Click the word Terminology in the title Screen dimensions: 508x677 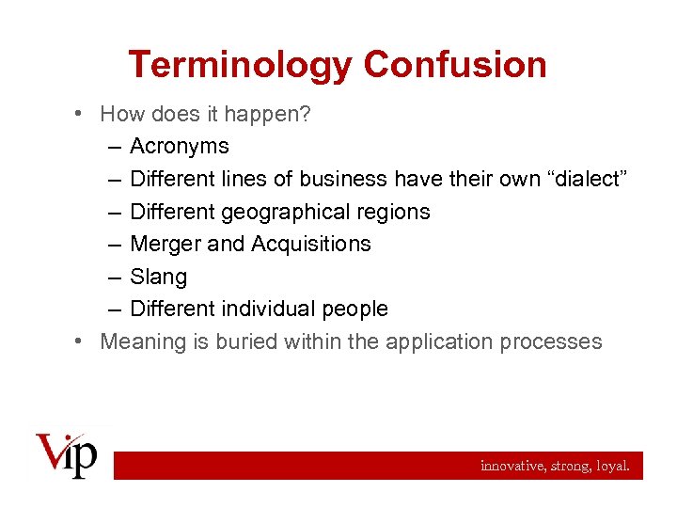(241, 65)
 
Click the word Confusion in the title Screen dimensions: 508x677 (455, 65)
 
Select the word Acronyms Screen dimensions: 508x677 (180, 147)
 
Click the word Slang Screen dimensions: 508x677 (158, 277)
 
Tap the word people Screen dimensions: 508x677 (354, 309)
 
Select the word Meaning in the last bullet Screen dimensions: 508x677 (142, 341)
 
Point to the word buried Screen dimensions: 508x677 (245, 341)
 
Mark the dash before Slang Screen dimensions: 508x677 (113, 277)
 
